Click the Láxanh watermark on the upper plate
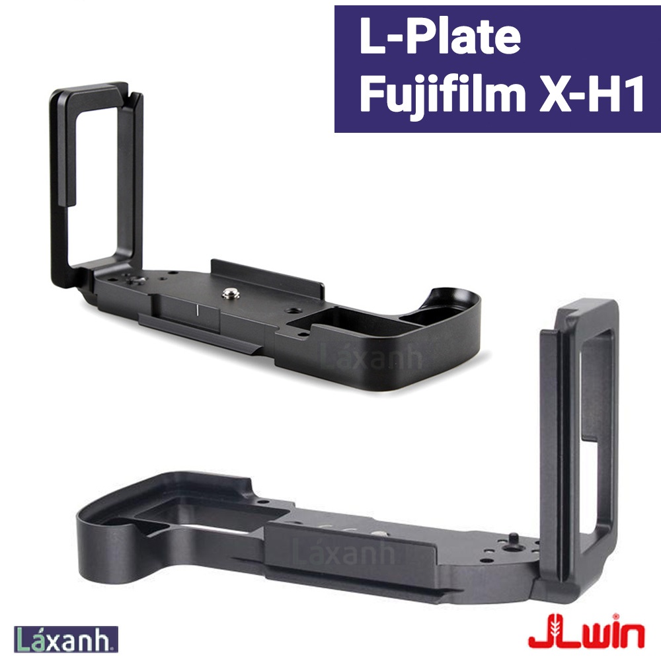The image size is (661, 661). pyautogui.click(x=370, y=358)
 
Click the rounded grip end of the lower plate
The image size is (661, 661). pyautogui.click(x=109, y=542)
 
